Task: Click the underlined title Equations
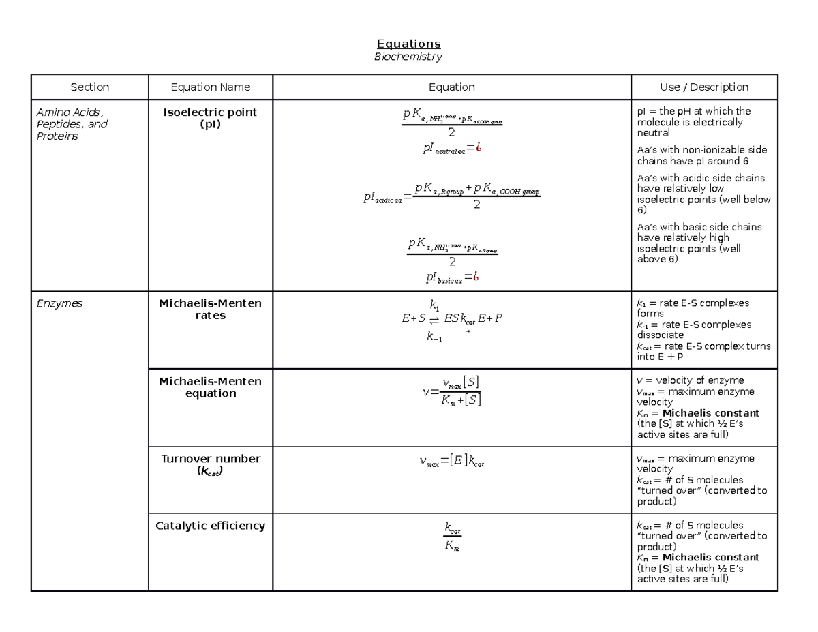[x=408, y=44]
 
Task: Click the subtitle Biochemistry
[x=408, y=57]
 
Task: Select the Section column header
[x=90, y=87]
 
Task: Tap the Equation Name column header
[x=210, y=87]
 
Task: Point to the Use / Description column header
[x=704, y=87]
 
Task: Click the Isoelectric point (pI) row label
[x=210, y=118]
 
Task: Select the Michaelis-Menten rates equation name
[x=210, y=310]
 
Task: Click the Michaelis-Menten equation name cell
[x=210, y=387]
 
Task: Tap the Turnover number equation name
[x=210, y=464]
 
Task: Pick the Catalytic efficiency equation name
[x=210, y=526]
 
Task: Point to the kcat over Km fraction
[x=452, y=537]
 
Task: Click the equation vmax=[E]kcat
[x=452, y=463]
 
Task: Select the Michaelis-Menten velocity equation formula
[x=452, y=391]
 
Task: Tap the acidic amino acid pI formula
[x=452, y=197]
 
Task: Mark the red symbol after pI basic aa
[x=476, y=277]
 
